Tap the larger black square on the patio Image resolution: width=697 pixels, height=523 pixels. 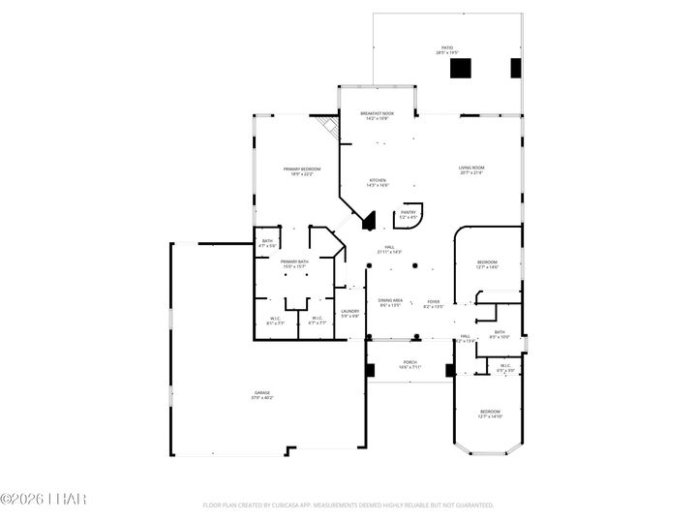point(461,68)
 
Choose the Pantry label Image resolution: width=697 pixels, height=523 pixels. point(409,215)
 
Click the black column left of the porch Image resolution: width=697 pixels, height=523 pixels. point(370,370)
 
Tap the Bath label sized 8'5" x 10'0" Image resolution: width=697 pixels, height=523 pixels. point(499,334)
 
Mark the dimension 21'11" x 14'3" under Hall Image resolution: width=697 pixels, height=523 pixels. point(388,252)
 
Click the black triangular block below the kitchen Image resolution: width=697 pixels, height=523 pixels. point(369,223)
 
